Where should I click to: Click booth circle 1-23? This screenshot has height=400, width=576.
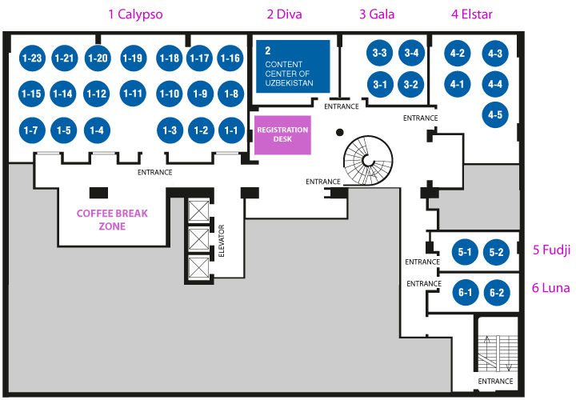32,58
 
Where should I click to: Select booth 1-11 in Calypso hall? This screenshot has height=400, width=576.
133,94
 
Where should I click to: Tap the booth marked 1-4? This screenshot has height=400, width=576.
97,130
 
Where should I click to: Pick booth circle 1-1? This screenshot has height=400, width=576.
231,130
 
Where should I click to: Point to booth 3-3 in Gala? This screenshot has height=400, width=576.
379,53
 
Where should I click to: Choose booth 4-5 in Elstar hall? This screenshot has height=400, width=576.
495,114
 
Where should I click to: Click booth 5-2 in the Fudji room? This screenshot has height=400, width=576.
496,252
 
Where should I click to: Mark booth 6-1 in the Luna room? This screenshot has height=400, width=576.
466,292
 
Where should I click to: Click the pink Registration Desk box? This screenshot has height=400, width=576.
283,135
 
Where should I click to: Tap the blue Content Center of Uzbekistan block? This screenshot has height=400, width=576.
293,66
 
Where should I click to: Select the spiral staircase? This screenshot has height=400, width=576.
368,161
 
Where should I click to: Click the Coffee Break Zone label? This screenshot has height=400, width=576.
112,220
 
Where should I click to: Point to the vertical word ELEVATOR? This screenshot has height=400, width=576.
221,241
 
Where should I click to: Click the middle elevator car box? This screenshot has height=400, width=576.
198,240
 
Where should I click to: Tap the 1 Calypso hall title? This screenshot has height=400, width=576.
135,14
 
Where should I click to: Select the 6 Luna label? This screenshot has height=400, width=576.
551,288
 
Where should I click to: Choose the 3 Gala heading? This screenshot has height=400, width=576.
377,14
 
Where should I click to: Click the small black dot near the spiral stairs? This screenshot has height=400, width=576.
340,132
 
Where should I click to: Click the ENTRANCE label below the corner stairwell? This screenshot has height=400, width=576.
495,382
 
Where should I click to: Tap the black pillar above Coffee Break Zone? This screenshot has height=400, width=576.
99,193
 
